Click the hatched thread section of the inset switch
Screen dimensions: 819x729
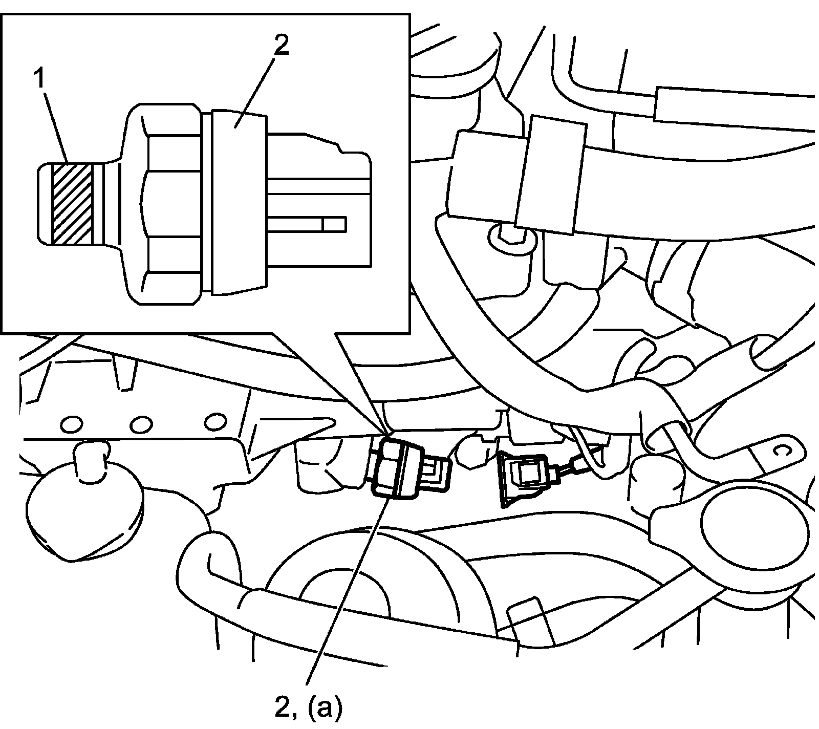[x=72, y=203]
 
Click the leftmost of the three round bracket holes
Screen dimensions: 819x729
[x=71, y=423]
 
